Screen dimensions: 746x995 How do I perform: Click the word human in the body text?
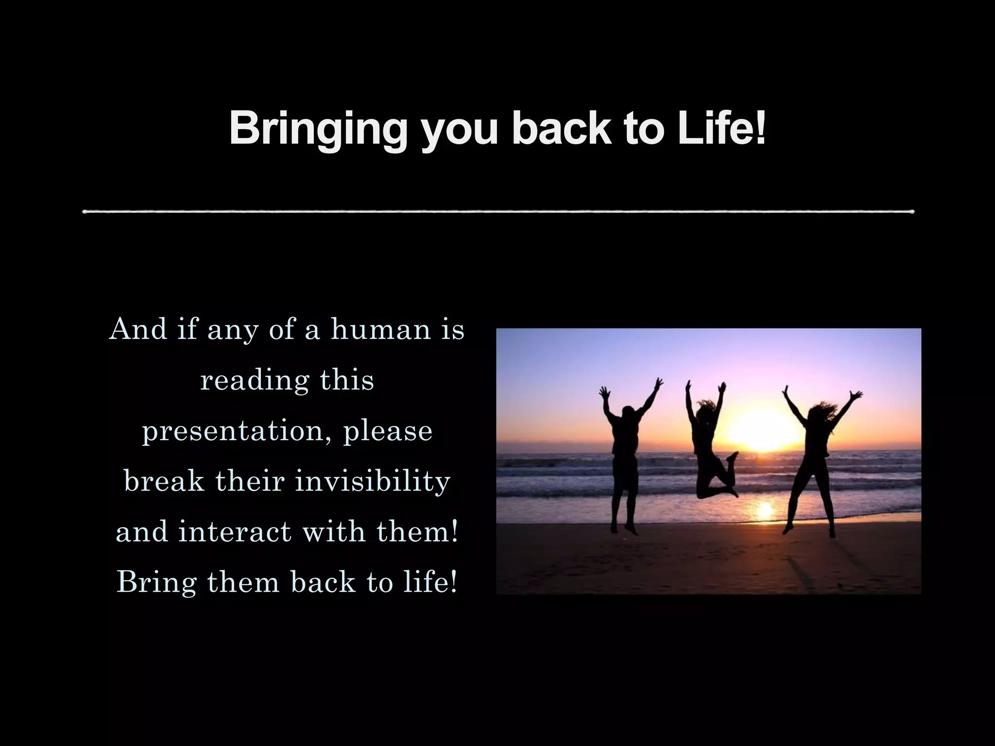click(381, 329)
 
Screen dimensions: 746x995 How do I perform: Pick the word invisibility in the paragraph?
click(373, 481)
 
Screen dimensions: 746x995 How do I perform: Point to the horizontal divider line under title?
click(498, 212)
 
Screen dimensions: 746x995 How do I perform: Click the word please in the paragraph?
click(388, 431)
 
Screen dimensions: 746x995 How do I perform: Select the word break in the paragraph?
click(164, 481)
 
